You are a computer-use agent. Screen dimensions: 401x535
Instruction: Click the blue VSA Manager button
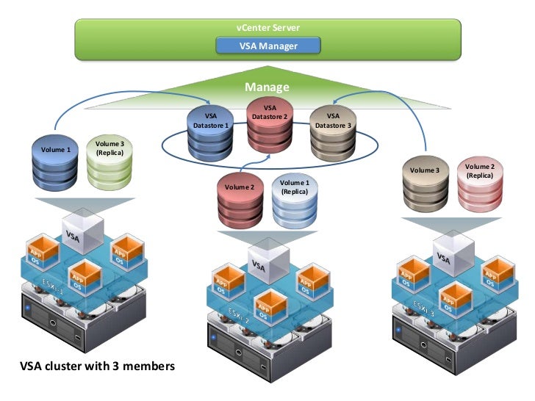(x=267, y=46)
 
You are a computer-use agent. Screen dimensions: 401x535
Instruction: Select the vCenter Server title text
(x=267, y=27)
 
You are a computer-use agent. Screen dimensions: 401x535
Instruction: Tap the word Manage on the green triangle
(x=267, y=87)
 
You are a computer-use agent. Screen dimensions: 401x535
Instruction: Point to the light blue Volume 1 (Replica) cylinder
(x=295, y=200)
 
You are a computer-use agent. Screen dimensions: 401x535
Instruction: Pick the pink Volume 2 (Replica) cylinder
(x=479, y=184)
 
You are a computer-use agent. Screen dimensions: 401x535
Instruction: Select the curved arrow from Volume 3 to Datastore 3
(x=412, y=110)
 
